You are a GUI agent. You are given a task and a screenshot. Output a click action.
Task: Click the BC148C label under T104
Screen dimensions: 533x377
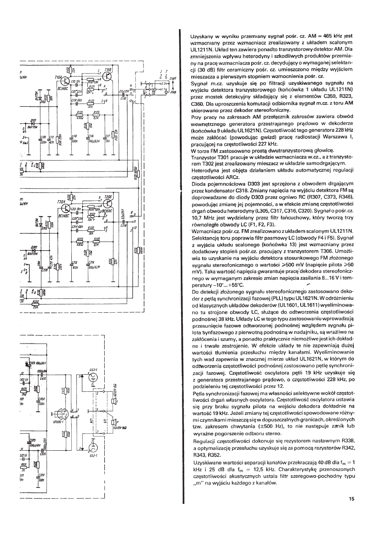[62, 88]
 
